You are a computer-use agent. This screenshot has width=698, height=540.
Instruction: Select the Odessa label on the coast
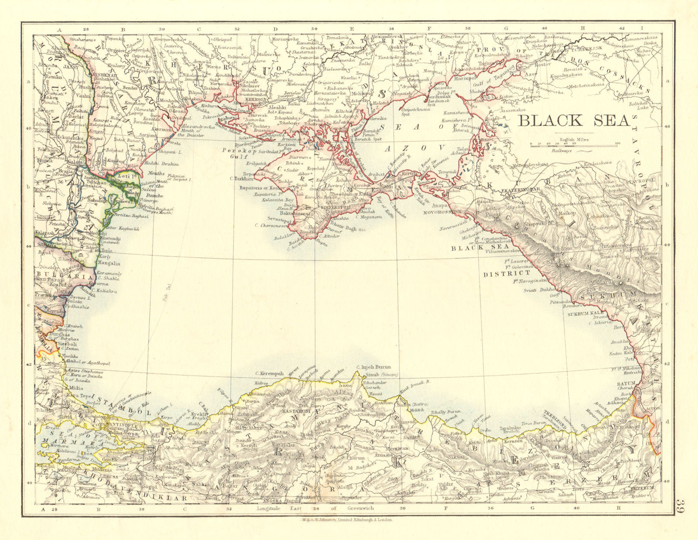pos(180,111)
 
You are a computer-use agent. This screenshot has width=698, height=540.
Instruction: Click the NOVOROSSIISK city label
pos(442,212)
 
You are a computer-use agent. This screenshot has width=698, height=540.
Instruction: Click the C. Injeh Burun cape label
pos(373,367)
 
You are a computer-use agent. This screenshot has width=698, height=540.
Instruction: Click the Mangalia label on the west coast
pos(109,263)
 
